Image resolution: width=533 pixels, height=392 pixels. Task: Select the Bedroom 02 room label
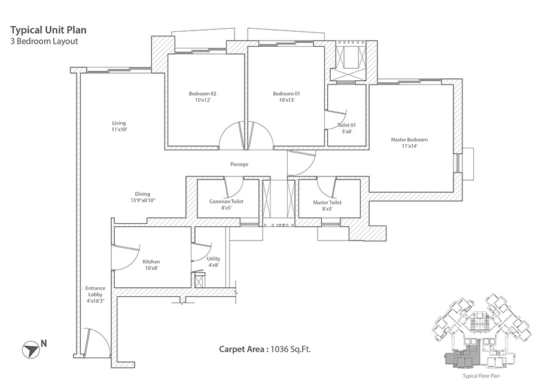click(x=202, y=97)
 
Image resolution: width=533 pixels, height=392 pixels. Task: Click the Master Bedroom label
click(x=409, y=143)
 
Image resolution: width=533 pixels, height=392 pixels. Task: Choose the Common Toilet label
click(x=226, y=205)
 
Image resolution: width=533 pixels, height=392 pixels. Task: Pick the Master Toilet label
click(x=327, y=205)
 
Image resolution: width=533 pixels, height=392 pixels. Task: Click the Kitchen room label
click(x=151, y=265)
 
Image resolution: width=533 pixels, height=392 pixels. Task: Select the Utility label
click(x=214, y=262)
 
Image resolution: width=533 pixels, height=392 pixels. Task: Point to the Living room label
click(x=118, y=126)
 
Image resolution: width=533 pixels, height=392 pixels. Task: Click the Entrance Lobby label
click(x=95, y=294)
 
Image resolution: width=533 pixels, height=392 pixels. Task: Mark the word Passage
click(x=239, y=164)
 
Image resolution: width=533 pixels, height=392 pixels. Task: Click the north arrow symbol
click(x=29, y=347)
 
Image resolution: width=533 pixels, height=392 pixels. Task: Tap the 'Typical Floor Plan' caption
click(x=481, y=376)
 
